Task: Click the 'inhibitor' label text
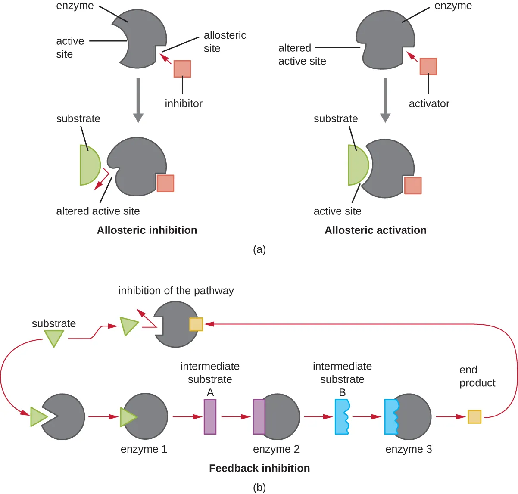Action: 183,104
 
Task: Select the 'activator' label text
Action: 429,104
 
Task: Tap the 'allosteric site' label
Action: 225,42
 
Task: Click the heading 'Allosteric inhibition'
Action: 147,230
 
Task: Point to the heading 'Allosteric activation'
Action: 375,230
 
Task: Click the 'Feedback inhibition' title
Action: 259,468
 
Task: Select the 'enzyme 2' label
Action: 276,449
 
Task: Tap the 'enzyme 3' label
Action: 408,449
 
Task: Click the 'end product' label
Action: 477,376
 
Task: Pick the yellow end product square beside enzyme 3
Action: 474,417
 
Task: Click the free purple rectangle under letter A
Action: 210,416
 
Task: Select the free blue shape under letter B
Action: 342,416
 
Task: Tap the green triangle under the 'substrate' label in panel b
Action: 54,338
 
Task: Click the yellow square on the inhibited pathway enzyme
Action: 196,324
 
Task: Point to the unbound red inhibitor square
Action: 182,69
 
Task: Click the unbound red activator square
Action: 428,66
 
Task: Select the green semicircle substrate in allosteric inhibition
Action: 89,165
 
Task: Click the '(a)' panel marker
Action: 259,249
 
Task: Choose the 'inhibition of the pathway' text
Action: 176,291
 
